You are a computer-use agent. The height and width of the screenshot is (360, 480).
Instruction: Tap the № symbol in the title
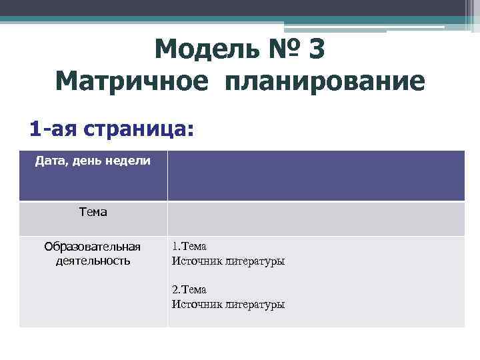pyautogui.click(x=277, y=49)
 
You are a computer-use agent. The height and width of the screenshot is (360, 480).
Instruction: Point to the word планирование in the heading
pyautogui.click(x=325, y=82)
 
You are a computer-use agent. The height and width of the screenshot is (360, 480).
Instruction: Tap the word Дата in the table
pyautogui.click(x=50, y=161)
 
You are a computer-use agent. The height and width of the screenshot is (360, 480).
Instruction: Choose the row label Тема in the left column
pyautogui.click(x=93, y=212)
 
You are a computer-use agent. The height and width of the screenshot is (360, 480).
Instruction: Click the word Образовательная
pyautogui.click(x=93, y=247)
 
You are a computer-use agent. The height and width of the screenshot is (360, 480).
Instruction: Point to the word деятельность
pyautogui.click(x=93, y=261)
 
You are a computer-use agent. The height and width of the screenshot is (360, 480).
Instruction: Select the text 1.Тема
pyautogui.click(x=189, y=247)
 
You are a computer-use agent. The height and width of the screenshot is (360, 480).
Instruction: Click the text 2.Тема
pyautogui.click(x=189, y=290)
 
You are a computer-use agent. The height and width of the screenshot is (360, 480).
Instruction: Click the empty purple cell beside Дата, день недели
pyautogui.click(x=316, y=175)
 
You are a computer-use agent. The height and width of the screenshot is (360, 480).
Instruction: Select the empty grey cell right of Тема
pyautogui.click(x=316, y=219)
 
